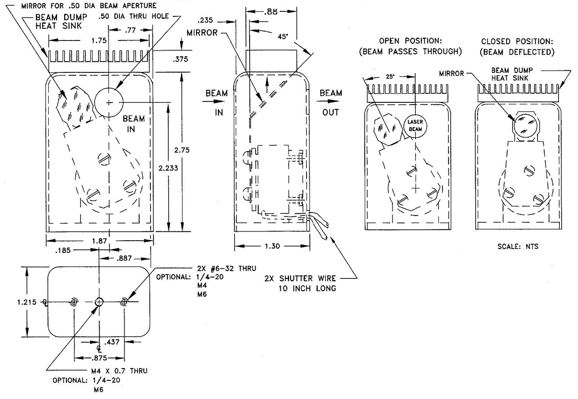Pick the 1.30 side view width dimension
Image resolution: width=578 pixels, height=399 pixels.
pos(272,246)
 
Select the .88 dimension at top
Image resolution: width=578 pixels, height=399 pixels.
pos(272,12)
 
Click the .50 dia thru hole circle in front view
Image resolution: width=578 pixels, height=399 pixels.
pos(109,103)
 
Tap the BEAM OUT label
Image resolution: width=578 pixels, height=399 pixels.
pos(331,102)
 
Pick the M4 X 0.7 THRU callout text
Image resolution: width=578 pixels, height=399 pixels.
pos(117,371)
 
